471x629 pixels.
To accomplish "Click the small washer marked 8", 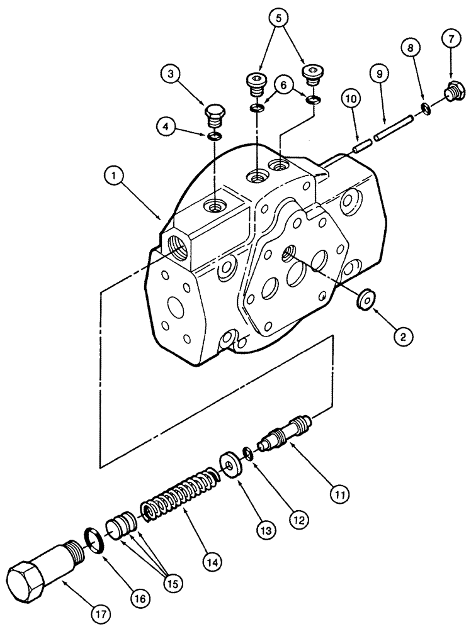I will click(426, 109).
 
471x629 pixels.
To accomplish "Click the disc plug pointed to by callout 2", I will click(364, 299).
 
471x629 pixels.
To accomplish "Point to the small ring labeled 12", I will click(249, 454).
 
